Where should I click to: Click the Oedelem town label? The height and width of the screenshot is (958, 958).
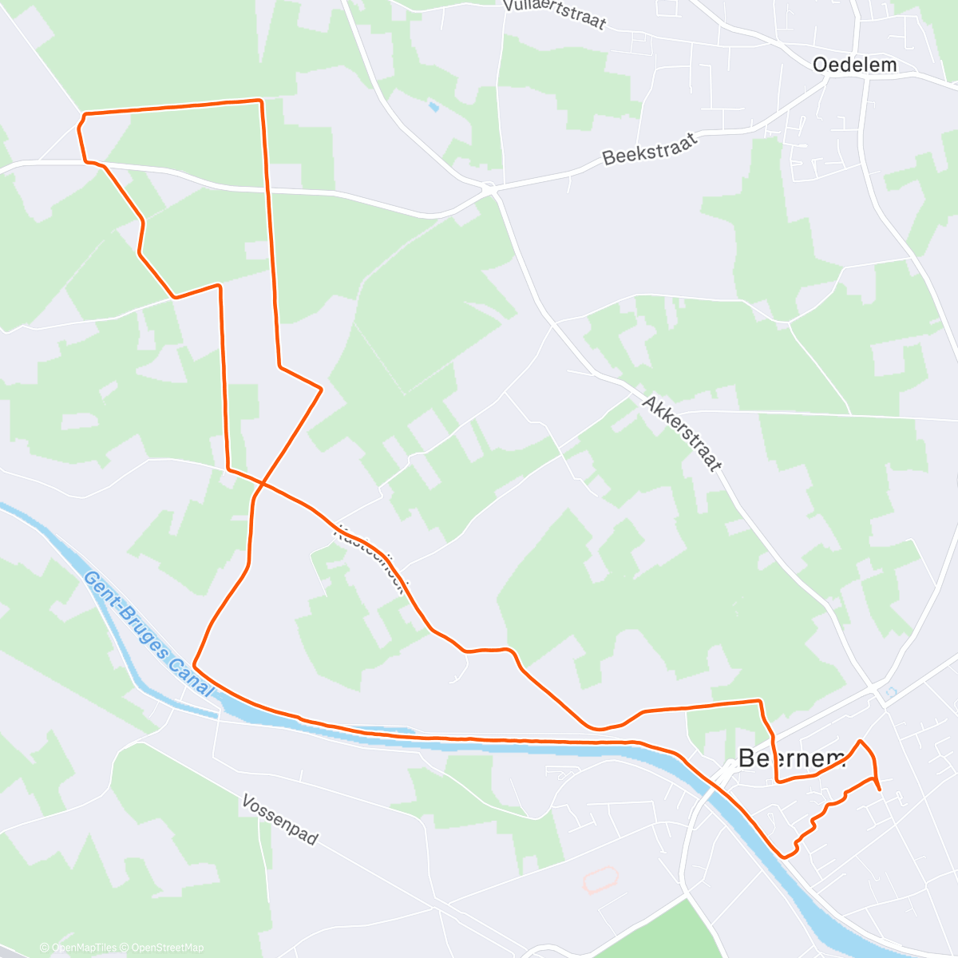pos(854,65)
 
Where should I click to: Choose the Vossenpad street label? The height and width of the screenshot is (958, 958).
pos(279,819)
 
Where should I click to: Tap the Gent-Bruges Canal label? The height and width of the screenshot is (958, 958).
pos(148,635)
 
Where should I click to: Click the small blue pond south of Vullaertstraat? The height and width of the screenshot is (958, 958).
pos(433,105)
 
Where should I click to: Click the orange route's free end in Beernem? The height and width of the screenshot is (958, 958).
pos(880,790)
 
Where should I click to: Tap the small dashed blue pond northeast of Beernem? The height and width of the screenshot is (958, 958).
pos(891,691)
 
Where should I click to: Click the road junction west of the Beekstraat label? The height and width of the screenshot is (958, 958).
pos(489,188)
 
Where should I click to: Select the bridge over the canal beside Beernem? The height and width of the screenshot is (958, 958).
pos(725,773)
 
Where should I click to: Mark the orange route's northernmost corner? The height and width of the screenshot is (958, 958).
pos(259,100)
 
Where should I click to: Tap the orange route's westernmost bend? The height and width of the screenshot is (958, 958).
pos(78,126)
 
